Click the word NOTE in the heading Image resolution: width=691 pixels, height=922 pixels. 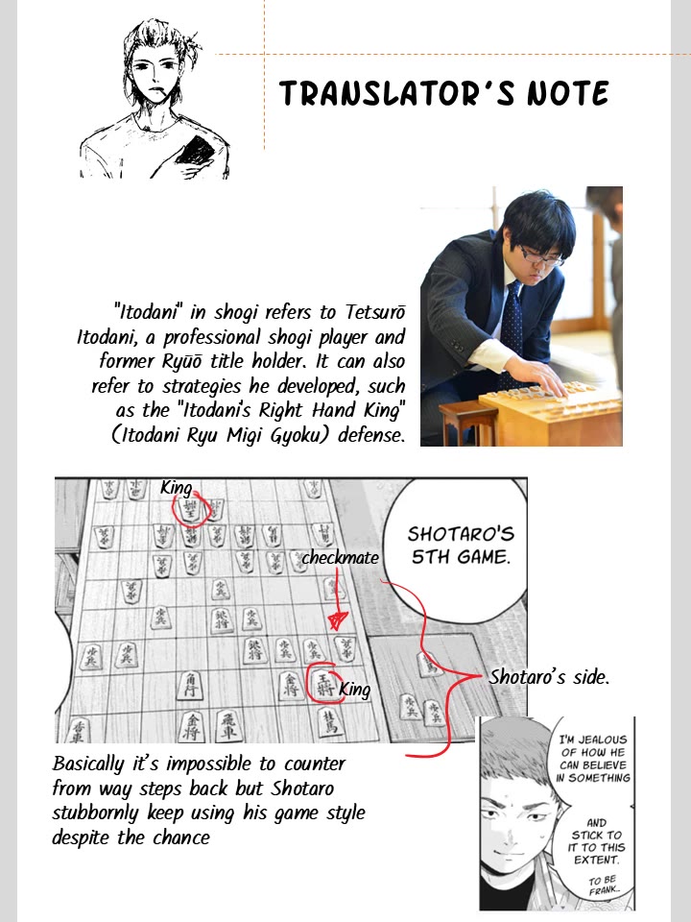click(x=567, y=94)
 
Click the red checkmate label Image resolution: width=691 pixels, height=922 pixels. click(x=341, y=558)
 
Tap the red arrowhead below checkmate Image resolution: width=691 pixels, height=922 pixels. click(x=336, y=621)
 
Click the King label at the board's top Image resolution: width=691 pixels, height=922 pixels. click(x=177, y=488)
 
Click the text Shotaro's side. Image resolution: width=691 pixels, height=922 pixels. click(x=549, y=676)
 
